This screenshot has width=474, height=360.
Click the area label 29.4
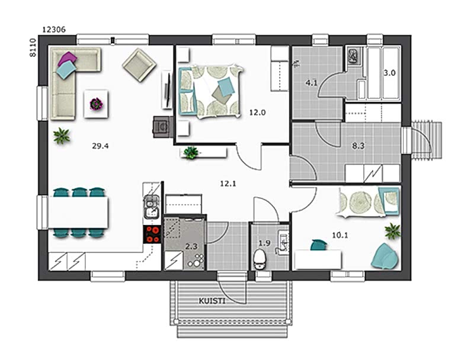[100, 146]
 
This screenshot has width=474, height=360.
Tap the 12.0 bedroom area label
[258, 112]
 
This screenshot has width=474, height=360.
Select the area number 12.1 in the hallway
[228, 184]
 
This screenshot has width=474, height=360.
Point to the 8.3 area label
[358, 146]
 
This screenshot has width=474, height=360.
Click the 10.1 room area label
[340, 235]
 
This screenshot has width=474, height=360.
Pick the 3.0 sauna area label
[390, 73]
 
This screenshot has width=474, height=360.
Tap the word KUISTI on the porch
[212, 301]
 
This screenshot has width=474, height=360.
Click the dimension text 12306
[54, 30]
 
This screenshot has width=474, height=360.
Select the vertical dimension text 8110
[33, 47]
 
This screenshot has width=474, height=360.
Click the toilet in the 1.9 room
[260, 259]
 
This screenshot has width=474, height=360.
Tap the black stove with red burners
[153, 234]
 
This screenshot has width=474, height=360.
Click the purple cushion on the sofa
[67, 59]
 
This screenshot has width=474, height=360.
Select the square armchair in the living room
[139, 65]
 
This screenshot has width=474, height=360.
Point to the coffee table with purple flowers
[96, 104]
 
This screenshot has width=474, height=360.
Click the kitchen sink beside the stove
[152, 207]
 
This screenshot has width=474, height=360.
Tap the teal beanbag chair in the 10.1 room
[385, 256]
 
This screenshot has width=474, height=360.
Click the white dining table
[78, 213]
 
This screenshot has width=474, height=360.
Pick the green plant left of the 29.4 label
[62, 136]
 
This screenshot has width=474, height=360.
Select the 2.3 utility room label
[191, 247]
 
